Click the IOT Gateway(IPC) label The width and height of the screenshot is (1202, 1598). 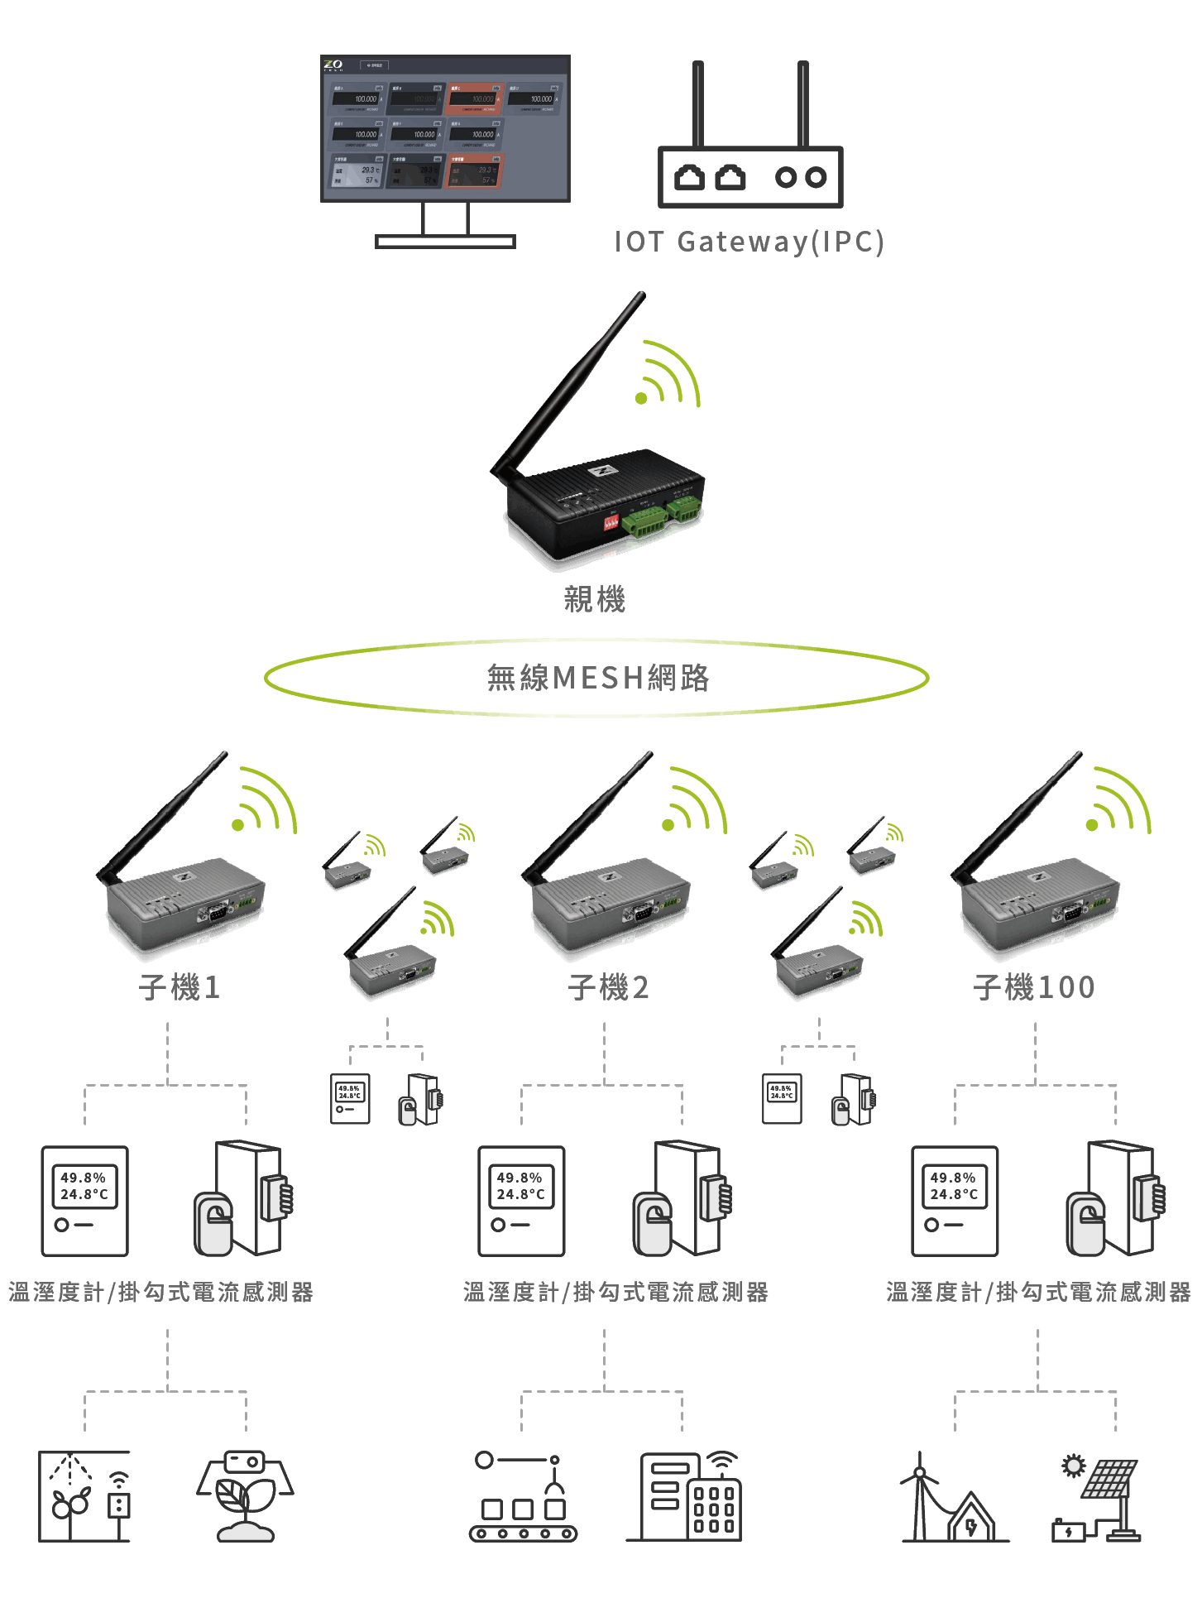point(749,242)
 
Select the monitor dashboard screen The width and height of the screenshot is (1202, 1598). point(445,128)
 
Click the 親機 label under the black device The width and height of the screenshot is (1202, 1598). point(594,598)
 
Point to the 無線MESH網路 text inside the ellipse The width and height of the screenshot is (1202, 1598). point(597,678)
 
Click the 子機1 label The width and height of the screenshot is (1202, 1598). point(180,987)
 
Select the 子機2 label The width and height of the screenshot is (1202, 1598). point(608,987)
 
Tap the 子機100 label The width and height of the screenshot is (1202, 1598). point(1034,987)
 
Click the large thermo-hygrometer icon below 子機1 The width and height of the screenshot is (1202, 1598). point(84,1201)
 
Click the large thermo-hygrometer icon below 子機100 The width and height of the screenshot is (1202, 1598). point(955,1201)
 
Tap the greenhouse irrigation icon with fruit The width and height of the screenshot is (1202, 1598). point(84,1496)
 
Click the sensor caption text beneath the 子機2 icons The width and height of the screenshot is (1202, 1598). point(615,1293)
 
